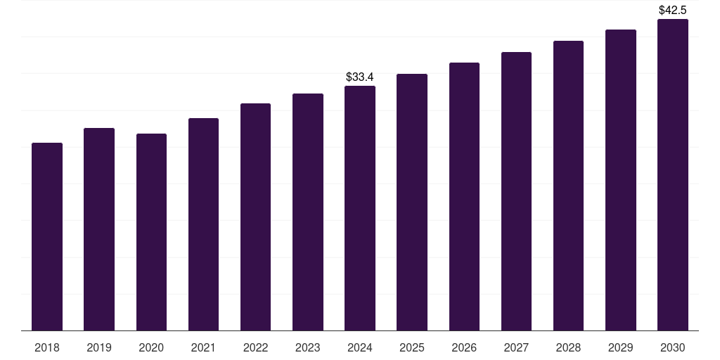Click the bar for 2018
47,236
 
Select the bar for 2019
99,229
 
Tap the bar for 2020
151,232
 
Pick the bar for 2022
255,217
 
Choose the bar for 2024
360,208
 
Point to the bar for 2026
464,196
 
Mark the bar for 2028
568,186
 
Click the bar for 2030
673,174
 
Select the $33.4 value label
360,77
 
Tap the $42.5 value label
673,11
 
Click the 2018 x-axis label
47,347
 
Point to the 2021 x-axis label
203,347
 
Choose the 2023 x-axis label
308,347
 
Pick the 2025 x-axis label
412,347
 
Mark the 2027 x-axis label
516,347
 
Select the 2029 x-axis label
621,347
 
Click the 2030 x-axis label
673,347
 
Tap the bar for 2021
203,224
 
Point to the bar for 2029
621,180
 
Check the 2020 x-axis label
151,347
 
